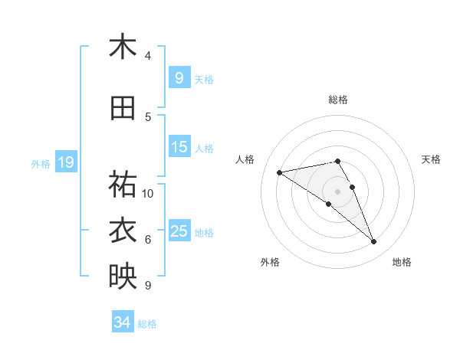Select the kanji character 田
point(123,109)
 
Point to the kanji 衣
point(123,231)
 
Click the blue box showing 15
point(179,147)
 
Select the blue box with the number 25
point(179,231)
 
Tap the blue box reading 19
point(65,162)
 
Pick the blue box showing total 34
point(123,322)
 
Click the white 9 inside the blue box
point(179,77)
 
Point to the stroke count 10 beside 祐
point(148,194)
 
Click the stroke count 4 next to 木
point(148,55)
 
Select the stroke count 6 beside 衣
point(148,240)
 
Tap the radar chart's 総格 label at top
point(338,100)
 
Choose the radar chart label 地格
point(402,262)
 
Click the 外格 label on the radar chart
point(270,262)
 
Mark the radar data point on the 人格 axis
point(279,172)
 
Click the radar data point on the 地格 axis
point(374,242)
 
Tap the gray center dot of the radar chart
point(338,191)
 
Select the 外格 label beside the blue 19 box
point(41,163)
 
